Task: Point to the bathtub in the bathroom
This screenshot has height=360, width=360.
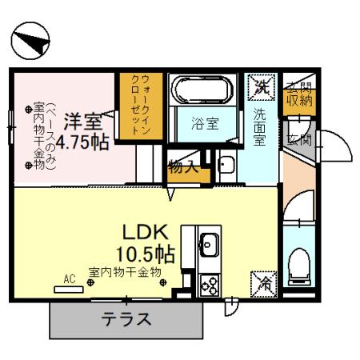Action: point(201,90)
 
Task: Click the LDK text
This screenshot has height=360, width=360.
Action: point(146,233)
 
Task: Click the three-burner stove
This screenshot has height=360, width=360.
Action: point(210,285)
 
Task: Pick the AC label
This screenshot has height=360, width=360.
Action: point(69,279)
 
